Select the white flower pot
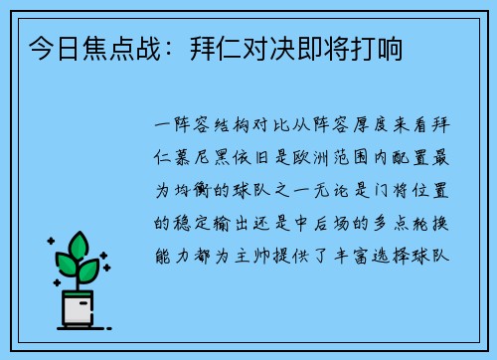tap(78, 309)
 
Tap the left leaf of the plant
tap(66, 266)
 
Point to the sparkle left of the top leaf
tap(50, 242)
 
